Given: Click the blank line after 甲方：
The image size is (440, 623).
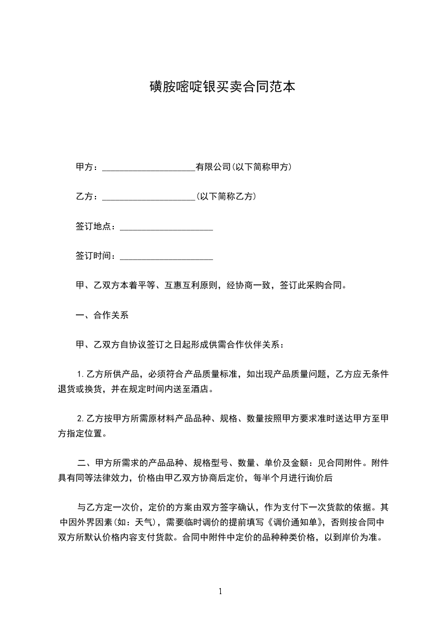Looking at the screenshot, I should [149, 168].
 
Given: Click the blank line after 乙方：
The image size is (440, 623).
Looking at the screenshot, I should [149, 197].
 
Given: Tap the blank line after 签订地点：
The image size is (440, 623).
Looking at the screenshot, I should [166, 227].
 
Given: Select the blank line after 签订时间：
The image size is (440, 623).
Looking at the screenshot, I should [166, 257].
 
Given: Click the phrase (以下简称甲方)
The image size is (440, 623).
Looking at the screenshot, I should [262, 167].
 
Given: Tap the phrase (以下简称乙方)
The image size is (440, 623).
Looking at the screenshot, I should [226, 197].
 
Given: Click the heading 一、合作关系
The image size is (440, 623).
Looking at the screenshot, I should [102, 315].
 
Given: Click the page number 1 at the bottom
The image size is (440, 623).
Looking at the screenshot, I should [220, 591].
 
